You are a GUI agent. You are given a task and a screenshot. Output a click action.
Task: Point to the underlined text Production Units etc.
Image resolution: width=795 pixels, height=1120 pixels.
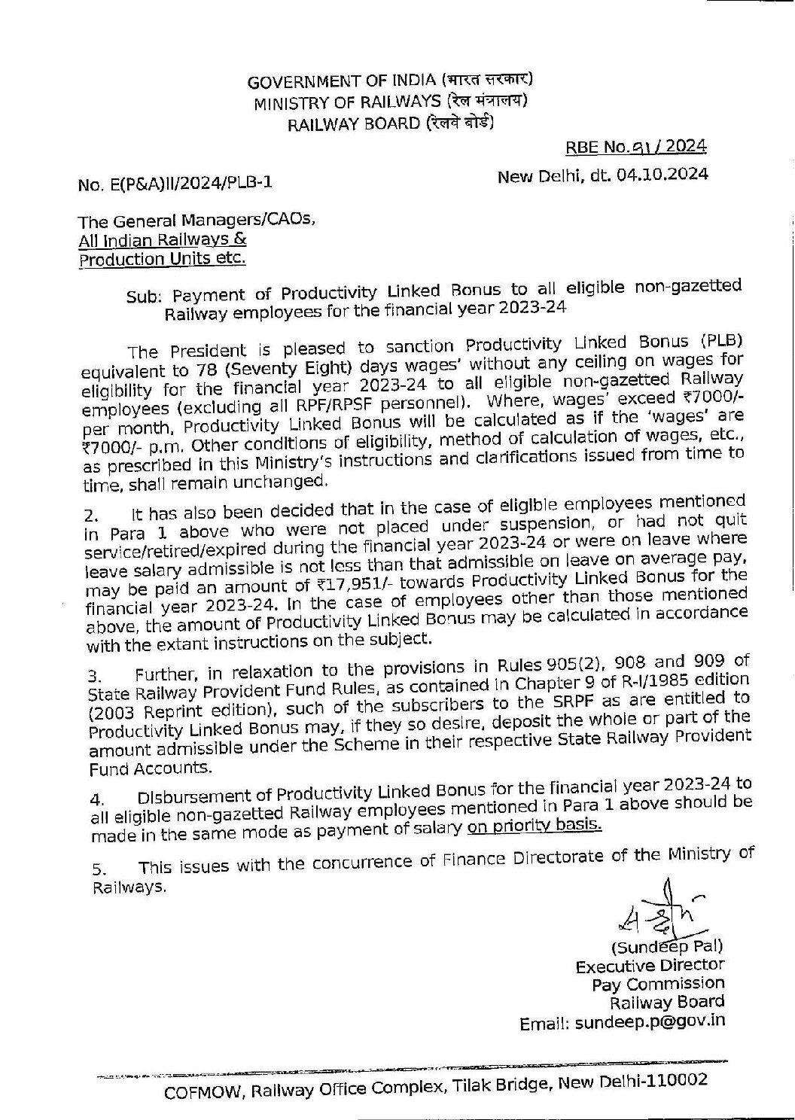(162, 259)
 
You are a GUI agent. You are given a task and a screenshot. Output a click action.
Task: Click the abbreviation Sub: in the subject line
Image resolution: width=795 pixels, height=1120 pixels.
(141, 297)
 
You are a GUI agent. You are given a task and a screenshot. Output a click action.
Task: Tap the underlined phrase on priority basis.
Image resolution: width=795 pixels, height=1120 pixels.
(534, 826)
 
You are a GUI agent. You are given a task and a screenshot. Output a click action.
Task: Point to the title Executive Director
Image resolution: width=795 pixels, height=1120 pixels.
(650, 966)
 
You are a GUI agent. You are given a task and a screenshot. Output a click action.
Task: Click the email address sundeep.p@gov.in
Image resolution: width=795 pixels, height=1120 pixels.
(650, 1023)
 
